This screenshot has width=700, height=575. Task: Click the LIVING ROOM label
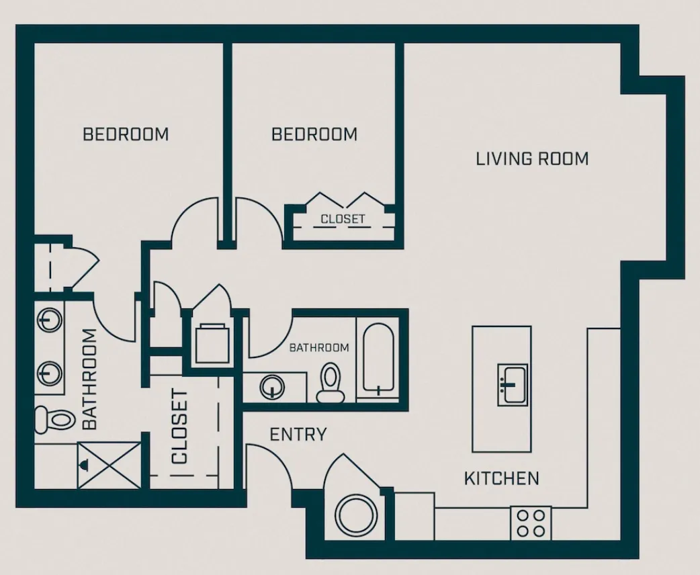532,159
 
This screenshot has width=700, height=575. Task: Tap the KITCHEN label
501,478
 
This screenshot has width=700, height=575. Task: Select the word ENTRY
298,435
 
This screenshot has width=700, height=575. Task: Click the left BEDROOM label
126,134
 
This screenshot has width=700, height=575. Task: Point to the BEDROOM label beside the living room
314,134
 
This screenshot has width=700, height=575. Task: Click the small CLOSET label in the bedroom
343,219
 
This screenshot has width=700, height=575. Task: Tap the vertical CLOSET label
179,427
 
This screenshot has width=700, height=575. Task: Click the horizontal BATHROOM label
319,347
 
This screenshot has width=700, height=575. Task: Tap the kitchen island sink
512,385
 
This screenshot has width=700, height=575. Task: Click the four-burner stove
530,523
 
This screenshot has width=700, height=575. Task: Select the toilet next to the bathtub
330,382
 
